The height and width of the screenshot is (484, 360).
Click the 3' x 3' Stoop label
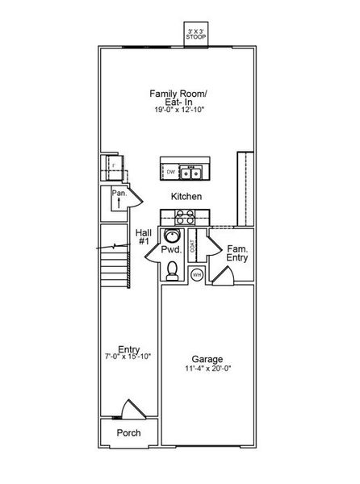pos(195,34)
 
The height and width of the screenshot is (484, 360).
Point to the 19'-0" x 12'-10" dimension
pos(179,110)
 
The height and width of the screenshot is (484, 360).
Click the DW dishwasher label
pos(171,172)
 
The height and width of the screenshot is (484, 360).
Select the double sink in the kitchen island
pos(191,172)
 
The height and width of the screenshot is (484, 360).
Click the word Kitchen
pos(186,196)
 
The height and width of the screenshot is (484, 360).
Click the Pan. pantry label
pos(119,194)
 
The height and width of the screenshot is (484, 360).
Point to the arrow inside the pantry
pos(119,204)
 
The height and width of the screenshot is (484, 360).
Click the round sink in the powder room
pos(171,236)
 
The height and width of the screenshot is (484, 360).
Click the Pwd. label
pos(170,251)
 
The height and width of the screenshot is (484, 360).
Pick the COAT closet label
pos(192,248)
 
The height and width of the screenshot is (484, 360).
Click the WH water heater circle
pos(196,274)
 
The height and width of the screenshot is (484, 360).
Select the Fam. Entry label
pos(237,253)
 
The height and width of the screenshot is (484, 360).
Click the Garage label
pos(207,359)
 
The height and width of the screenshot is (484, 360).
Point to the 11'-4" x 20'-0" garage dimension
pos(207,369)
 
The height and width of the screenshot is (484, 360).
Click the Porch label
pos(128,432)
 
